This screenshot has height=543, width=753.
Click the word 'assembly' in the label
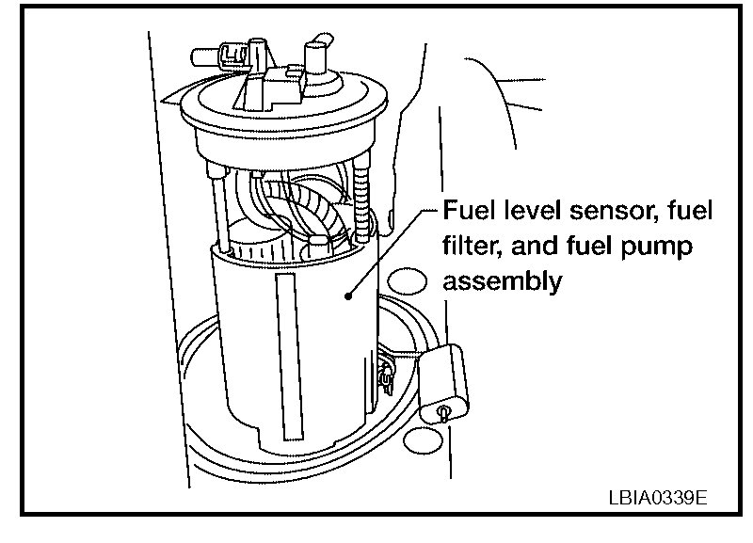503,280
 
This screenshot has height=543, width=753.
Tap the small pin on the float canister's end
443,412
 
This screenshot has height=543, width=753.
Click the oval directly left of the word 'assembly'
407,280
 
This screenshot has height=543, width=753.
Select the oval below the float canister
423,439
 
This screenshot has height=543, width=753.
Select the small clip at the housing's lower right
383,374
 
